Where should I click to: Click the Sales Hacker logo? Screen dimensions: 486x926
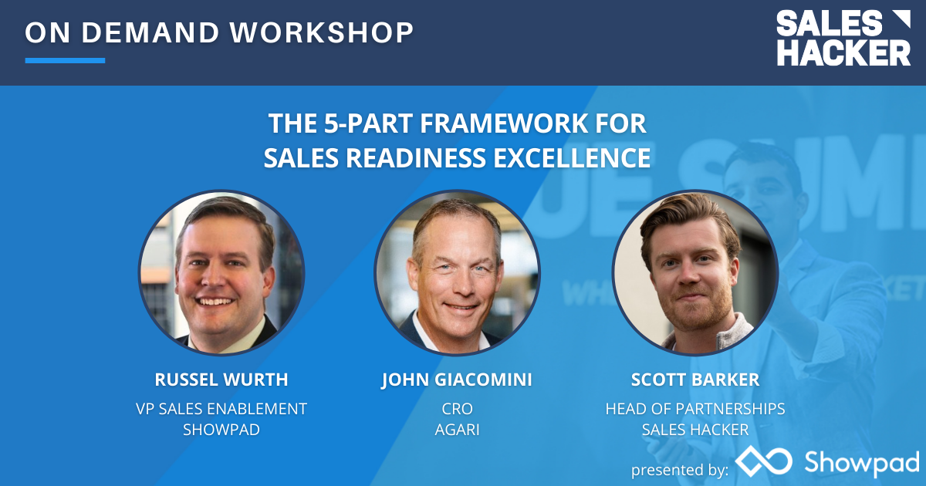point(843,38)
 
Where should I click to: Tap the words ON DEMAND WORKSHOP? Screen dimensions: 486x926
point(219,32)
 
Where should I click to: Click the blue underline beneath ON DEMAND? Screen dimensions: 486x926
point(65,60)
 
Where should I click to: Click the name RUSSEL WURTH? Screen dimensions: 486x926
point(221,380)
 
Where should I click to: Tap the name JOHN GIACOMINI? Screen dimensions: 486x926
point(457,380)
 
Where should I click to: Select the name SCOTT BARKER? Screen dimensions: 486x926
point(695,380)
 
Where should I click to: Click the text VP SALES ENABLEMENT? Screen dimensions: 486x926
point(221,408)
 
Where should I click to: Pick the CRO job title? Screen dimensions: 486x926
point(457,408)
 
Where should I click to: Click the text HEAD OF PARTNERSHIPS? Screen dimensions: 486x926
point(695,408)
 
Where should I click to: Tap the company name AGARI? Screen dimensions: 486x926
point(457,430)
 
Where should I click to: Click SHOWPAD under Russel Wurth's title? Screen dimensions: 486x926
point(221,430)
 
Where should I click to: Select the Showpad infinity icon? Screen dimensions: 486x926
point(763,461)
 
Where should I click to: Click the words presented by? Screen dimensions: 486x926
point(679,469)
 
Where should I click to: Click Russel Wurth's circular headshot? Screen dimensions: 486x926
point(221,273)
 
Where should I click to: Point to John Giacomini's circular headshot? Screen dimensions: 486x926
point(457,273)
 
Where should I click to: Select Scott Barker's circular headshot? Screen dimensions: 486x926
point(695,273)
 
